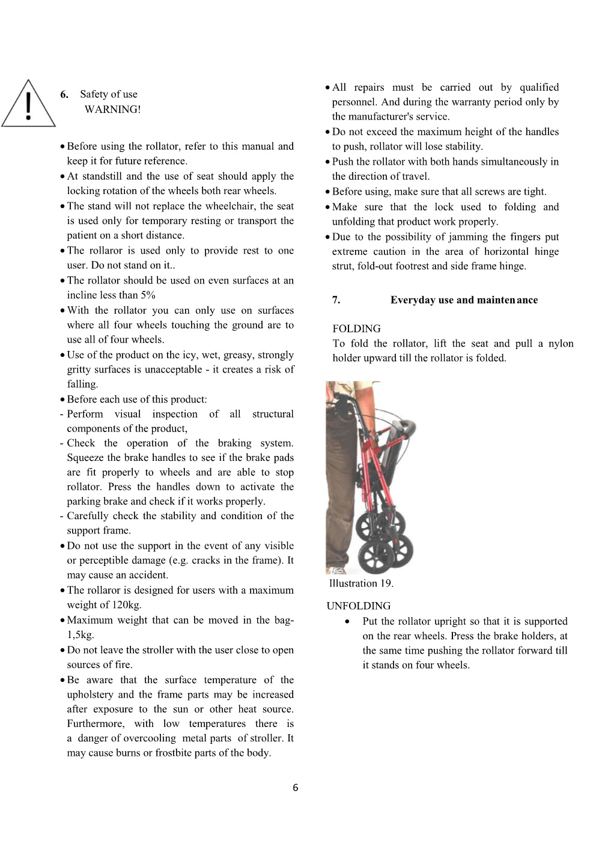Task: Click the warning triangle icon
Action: (x=28, y=106)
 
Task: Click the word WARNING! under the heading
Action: (x=112, y=109)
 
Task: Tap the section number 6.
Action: (x=64, y=94)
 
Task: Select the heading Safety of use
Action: (x=109, y=94)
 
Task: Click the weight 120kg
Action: (x=126, y=605)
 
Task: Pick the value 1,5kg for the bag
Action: (x=81, y=635)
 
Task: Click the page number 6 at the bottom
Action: (x=295, y=788)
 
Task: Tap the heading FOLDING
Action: (x=356, y=329)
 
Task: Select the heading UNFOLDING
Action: (x=359, y=606)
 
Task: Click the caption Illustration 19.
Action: (x=361, y=583)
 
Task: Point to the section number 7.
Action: (x=336, y=300)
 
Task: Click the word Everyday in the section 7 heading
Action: (x=413, y=300)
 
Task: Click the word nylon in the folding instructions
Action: (x=561, y=344)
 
